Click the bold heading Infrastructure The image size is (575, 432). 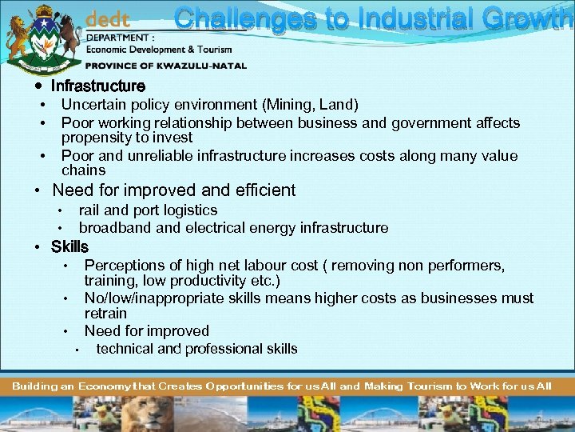[98, 86]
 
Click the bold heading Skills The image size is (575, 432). [69, 246]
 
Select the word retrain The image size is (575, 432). [105, 313]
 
